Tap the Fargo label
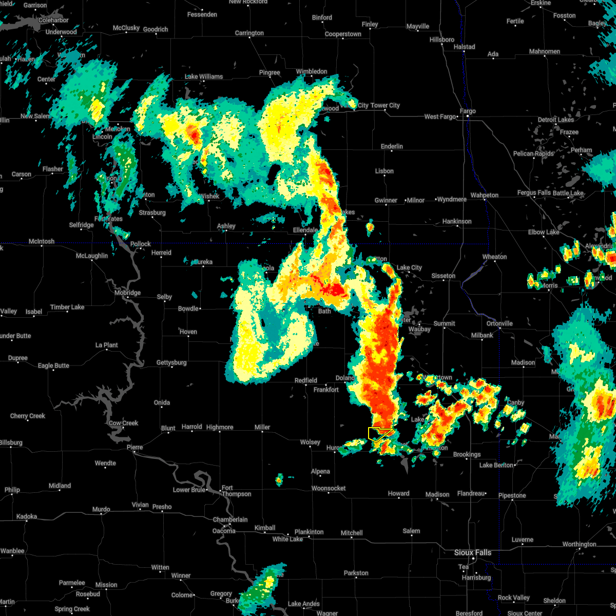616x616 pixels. tap(468, 111)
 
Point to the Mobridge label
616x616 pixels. tap(127, 293)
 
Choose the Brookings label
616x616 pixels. tap(467, 454)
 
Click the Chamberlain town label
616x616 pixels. tap(230, 519)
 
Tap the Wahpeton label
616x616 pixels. tap(484, 195)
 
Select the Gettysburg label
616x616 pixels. tap(171, 362)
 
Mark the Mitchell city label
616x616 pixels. tap(352, 533)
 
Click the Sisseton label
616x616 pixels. tap(443, 276)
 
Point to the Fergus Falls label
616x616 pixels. tap(534, 193)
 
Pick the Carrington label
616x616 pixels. tap(249, 33)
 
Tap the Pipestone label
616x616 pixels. tap(512, 495)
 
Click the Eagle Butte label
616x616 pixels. tap(53, 365)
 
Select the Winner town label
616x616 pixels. tap(181, 575)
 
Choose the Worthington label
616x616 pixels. tap(579, 544)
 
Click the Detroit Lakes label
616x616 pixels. tap(555, 120)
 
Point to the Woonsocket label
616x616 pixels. tap(329, 488)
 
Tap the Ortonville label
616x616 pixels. tap(499, 323)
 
